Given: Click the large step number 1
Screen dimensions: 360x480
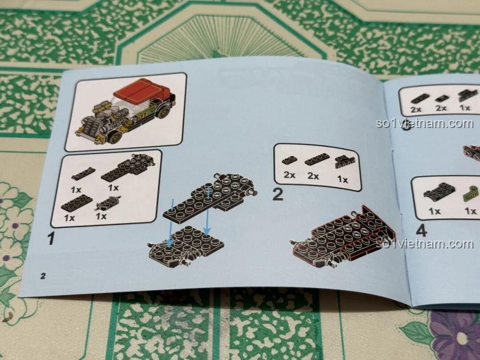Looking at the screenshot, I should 52,239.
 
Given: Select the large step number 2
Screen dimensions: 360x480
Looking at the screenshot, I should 278,194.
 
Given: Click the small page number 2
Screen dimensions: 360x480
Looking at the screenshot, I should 43,276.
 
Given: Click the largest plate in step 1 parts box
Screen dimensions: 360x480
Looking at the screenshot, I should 129,167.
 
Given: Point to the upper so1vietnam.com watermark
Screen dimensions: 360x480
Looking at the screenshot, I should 424,123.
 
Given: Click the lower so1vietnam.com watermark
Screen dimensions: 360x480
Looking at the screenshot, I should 424,244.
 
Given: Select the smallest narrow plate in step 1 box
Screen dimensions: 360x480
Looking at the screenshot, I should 83,174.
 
